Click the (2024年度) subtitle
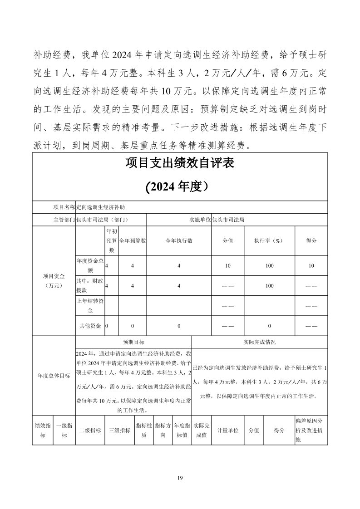coord(180,187)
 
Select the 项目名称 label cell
coord(64,207)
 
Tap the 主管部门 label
coord(64,220)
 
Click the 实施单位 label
coord(200,220)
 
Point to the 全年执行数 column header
coord(179,241)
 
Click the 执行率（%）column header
coord(269,241)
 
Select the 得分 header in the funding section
coord(311,241)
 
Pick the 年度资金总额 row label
coord(90,265)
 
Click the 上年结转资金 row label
coord(90,306)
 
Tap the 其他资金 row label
coord(90,326)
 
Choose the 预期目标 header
coord(133,342)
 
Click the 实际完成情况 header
coord(259,342)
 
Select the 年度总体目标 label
coord(54,376)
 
